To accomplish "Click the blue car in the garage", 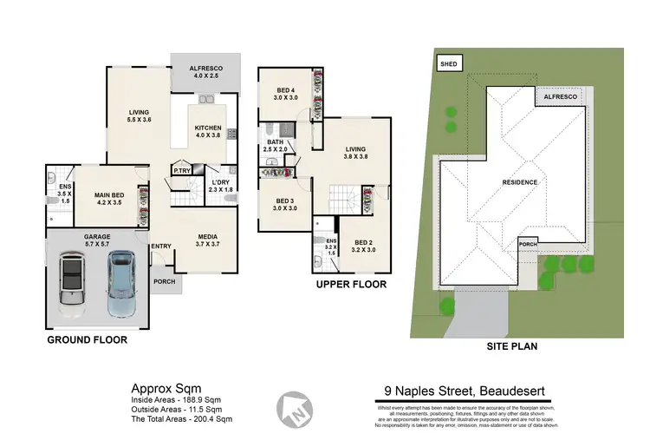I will [x=122, y=284].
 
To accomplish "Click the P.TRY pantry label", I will [x=182, y=171].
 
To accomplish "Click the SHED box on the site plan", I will [x=448, y=63].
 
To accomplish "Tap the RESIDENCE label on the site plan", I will [x=520, y=182].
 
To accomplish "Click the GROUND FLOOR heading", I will [x=87, y=340].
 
